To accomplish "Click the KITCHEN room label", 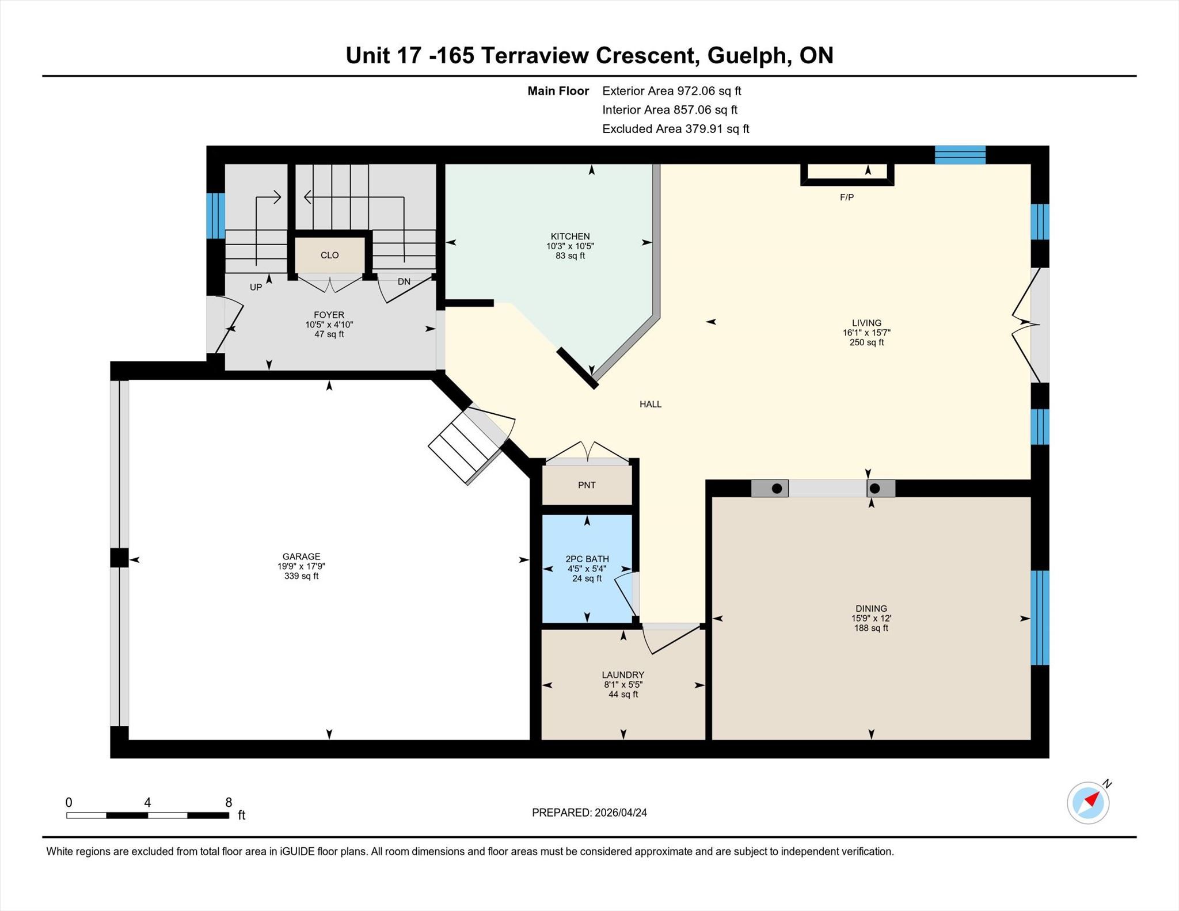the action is [570, 237].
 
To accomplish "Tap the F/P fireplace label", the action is [846, 197].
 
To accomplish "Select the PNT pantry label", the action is [587, 485].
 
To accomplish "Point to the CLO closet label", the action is [329, 255].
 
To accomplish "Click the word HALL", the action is [651, 404].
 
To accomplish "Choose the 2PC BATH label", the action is [587, 559].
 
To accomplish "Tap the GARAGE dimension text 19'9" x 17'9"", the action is [301, 566].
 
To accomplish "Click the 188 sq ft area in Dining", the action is [871, 628].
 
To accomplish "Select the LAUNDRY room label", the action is [623, 674].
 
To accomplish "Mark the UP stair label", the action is [256, 287].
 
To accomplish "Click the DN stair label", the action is [404, 281].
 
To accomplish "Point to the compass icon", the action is [1088, 802].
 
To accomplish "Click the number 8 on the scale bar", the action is [229, 802].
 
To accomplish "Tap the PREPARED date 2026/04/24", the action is [621, 813].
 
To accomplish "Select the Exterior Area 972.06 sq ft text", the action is [672, 91].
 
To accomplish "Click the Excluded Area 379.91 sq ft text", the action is [676, 129].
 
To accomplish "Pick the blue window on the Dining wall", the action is [1040, 618].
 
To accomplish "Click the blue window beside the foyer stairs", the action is [215, 215].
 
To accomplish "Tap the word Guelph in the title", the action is [747, 56].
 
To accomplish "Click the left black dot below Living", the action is [777, 489].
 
